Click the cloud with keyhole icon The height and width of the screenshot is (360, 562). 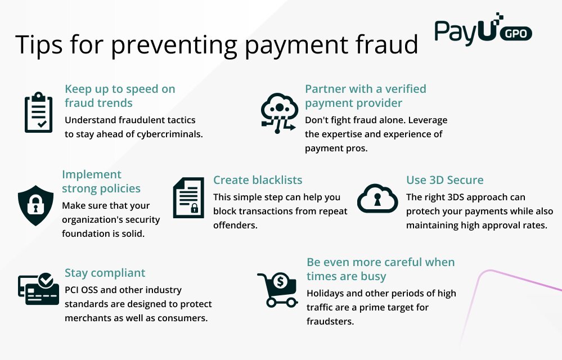click(377, 198)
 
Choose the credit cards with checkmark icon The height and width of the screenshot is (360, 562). click(38, 289)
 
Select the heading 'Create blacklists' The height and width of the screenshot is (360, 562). click(258, 180)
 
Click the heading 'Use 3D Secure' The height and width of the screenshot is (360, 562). click(445, 180)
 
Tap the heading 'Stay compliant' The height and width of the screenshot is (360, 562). click(105, 273)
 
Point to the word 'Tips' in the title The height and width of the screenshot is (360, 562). click(34, 44)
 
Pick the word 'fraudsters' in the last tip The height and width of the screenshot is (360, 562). click(330, 322)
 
